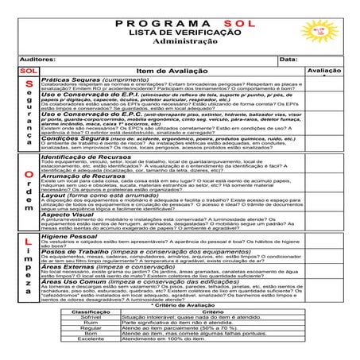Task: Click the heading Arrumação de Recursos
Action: point(86,176)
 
